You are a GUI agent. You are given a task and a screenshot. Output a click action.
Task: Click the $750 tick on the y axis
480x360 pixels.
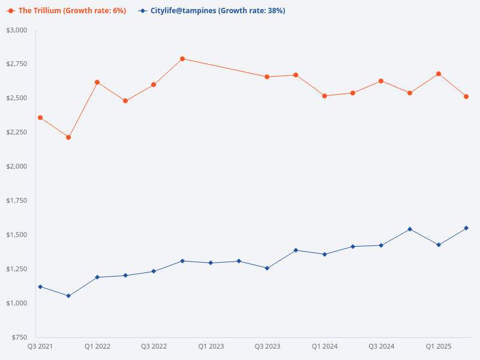20,337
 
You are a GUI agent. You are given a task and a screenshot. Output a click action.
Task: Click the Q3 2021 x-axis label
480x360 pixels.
40,347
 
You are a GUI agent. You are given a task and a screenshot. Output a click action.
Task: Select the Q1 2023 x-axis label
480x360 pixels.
211,347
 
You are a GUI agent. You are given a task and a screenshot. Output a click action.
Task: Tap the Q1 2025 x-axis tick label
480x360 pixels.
439,347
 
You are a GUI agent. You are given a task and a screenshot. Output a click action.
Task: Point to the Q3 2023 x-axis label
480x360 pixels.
268,347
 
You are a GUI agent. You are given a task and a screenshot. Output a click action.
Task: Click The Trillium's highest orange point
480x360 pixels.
182,59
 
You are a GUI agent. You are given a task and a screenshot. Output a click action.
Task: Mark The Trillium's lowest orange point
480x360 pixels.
68,137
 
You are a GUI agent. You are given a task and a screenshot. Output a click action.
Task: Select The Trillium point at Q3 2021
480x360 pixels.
40,118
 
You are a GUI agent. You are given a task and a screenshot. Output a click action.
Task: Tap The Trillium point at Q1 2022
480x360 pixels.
97,82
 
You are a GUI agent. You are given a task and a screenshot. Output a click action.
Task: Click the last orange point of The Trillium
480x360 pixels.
466,97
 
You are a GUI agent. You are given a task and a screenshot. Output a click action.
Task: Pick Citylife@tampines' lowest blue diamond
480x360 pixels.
68,296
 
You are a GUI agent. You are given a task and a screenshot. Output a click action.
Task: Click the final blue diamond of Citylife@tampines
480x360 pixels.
466,228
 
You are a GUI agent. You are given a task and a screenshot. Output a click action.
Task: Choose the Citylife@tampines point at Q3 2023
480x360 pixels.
267,268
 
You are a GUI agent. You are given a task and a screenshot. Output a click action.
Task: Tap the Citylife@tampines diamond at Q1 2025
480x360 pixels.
439,245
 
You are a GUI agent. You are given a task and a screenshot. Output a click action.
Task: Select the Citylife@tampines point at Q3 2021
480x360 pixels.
40,287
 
